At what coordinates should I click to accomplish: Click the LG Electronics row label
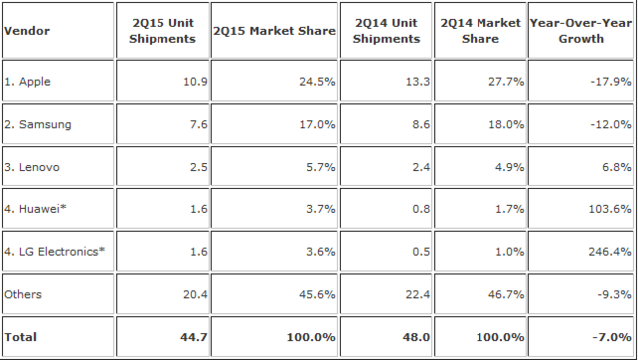[54, 250]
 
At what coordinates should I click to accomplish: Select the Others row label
[24, 294]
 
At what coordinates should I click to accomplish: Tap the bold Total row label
[21, 337]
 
